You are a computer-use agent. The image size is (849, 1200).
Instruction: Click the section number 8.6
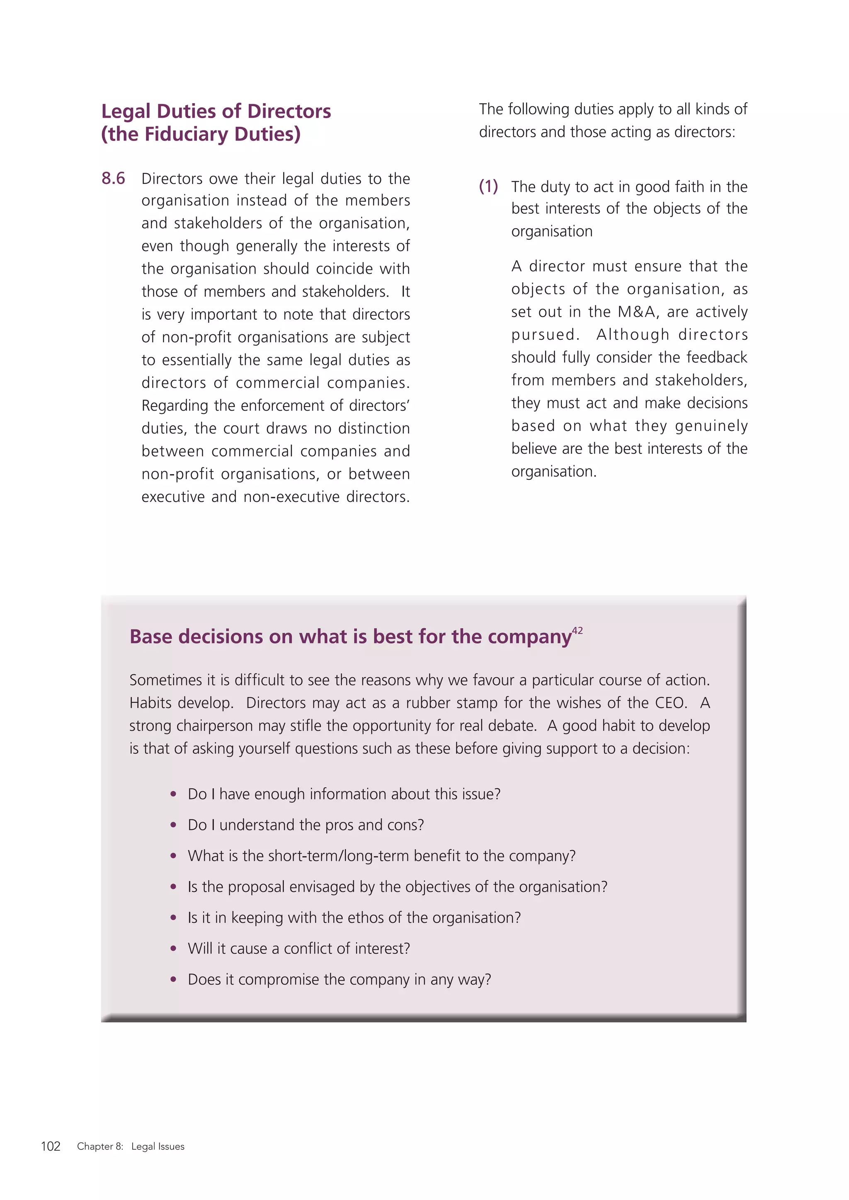(113, 179)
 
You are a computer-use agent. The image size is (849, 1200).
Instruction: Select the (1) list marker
(488, 186)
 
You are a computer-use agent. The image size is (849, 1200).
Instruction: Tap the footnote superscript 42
(577, 630)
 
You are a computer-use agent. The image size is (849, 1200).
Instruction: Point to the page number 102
(51, 1146)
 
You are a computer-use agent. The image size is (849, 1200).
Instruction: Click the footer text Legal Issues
(158, 1146)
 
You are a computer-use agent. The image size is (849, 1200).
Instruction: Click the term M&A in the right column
(636, 312)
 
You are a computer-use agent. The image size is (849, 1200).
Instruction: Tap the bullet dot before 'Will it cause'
(173, 948)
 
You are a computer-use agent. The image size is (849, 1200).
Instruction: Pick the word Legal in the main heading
(126, 111)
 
